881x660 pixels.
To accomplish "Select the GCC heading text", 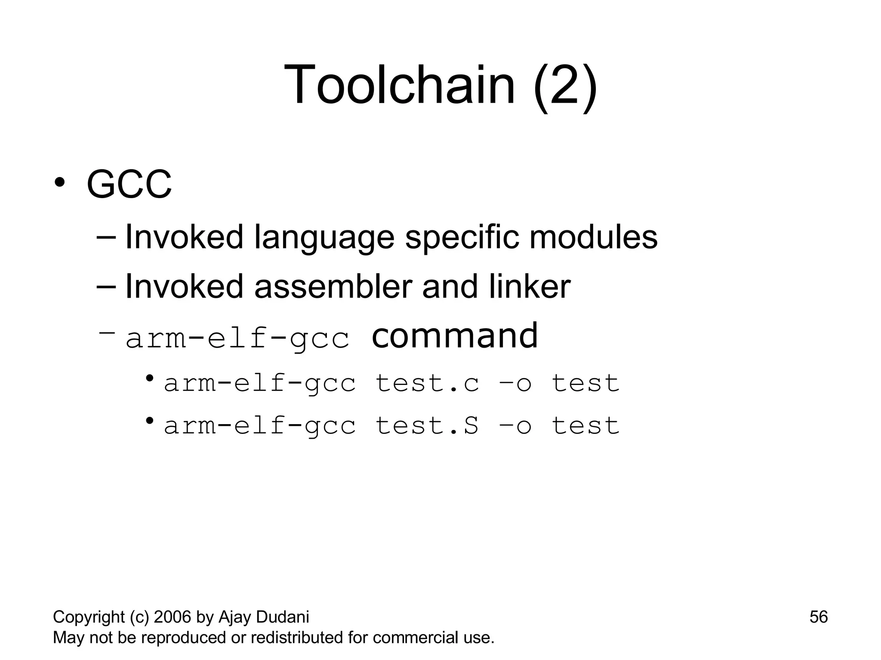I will coord(129,185).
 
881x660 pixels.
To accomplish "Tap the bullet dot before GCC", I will coord(59,182).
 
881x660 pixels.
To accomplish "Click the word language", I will coord(324,238).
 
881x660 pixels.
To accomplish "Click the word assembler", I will coord(333,287).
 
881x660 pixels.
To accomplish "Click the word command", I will coord(454,336).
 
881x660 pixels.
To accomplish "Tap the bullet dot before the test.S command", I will coord(149,420).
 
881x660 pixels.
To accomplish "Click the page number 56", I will coord(818,617).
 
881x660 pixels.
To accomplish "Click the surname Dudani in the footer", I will coord(282,617).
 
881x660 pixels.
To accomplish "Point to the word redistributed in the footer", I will coord(297,638).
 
